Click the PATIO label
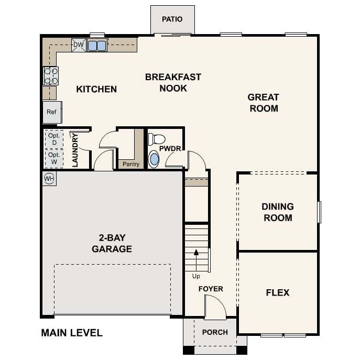[172, 19]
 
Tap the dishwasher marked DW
[79, 45]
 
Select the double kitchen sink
[97, 45]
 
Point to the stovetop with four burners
[51, 76]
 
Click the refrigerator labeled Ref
[52, 112]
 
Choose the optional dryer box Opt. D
[54, 139]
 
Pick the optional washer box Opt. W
[54, 158]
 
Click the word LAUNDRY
[75, 150]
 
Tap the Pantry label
[131, 164]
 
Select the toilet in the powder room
[157, 139]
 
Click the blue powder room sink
[154, 159]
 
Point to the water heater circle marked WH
[49, 178]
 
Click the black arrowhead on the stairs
[196, 253]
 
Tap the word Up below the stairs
[196, 276]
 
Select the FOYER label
[211, 289]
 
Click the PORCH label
[215, 332]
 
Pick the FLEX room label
[278, 293]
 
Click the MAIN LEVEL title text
[72, 333]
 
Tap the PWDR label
[170, 149]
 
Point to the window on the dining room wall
[319, 212]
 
